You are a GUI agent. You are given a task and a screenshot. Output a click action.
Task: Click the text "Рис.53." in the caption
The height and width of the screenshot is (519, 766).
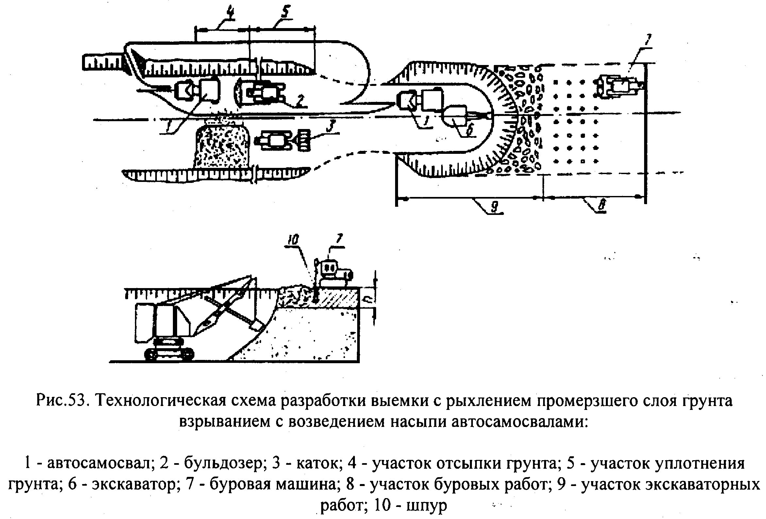click(62, 401)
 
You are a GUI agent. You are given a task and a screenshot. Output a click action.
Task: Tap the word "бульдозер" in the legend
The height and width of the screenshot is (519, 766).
click(224, 463)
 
